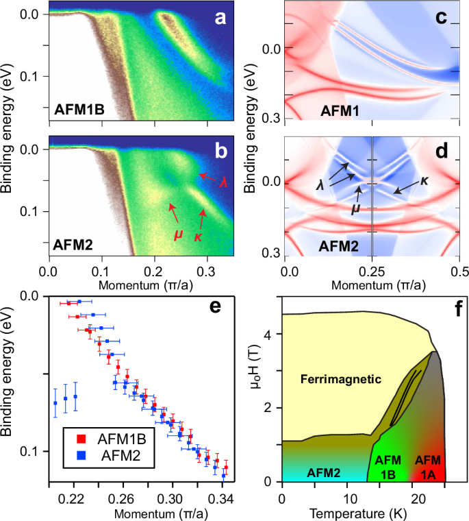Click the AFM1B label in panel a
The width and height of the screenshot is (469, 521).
(79, 109)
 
